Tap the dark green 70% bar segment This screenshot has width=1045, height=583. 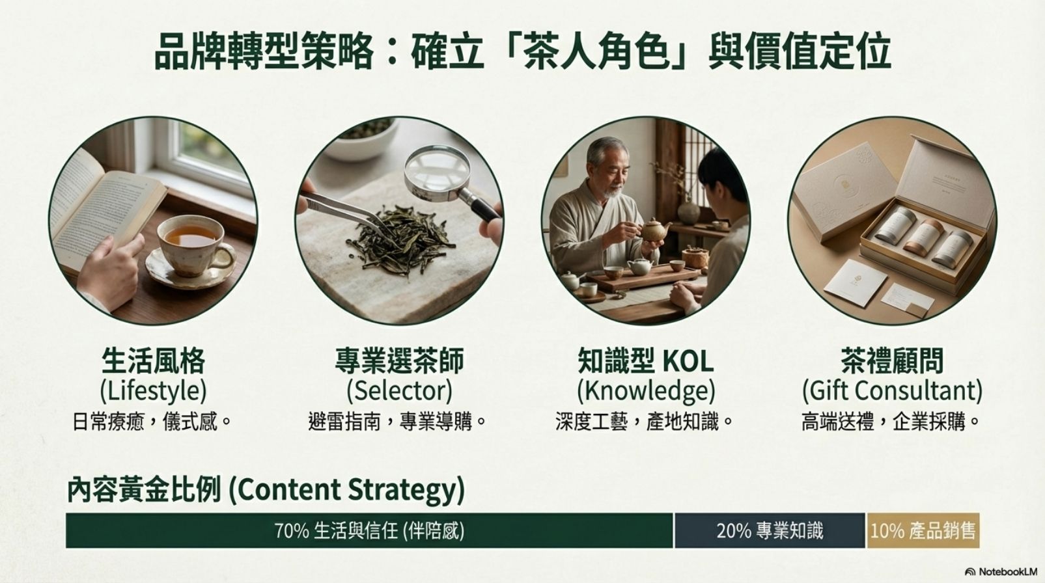[369, 531]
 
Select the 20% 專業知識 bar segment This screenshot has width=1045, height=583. [770, 531]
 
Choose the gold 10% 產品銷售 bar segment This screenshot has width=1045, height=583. [923, 531]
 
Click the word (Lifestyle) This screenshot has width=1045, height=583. [153, 391]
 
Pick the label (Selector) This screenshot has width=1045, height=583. [399, 391]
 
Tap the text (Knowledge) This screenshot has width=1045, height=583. [646, 391]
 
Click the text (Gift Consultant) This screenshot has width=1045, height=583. [892, 391]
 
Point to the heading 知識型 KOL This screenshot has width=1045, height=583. [646, 360]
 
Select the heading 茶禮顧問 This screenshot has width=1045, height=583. [892, 360]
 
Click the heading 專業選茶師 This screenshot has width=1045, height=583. [399, 360]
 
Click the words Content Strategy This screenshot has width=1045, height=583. [346, 490]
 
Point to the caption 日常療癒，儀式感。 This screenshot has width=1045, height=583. [152, 422]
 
